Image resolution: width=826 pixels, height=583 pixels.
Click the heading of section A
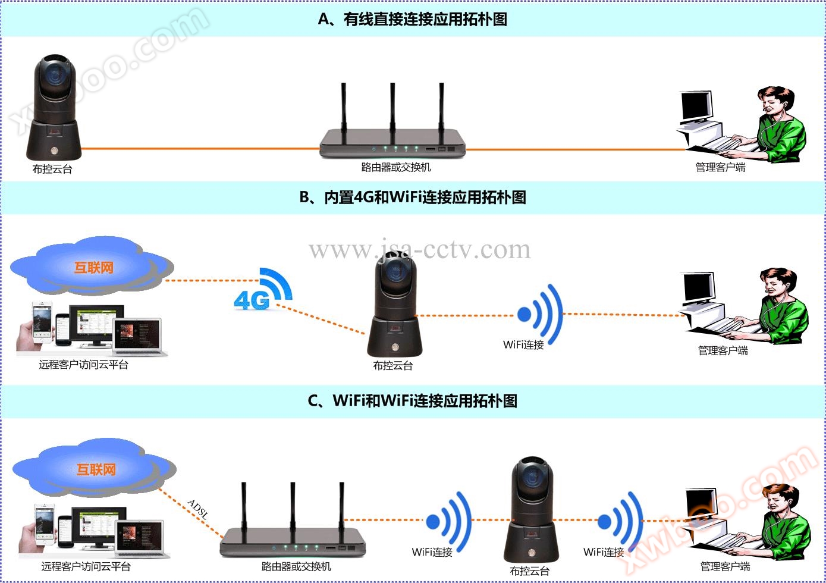pos(413,20)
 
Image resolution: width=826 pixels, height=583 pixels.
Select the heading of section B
pos(413,198)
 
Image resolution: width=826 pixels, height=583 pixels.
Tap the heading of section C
pos(413,400)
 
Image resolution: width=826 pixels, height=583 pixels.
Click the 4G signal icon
pos(262,290)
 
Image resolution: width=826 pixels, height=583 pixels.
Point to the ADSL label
pos(198,510)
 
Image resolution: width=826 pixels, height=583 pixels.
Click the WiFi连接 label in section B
pos(523,345)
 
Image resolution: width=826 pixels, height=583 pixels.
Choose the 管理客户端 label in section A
pos(720,168)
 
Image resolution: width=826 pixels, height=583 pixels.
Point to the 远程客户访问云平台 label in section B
pos(84,365)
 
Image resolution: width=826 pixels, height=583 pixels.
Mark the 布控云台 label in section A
pos(52,170)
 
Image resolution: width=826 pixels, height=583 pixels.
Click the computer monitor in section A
pos(696,107)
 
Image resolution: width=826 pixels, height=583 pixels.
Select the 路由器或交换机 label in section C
pos(296,567)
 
